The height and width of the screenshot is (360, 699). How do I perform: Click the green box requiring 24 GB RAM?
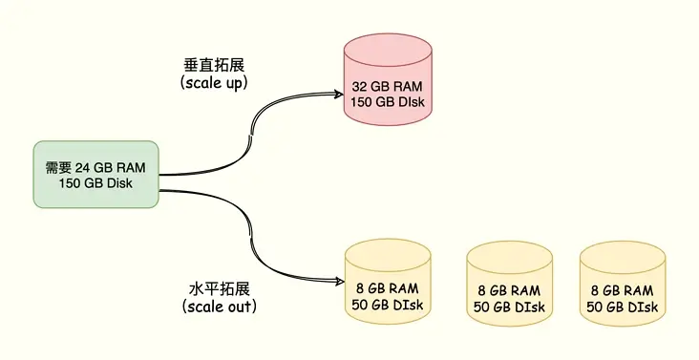95,175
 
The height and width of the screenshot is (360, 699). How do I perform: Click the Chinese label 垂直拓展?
214,65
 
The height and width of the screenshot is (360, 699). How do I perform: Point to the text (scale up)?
214,83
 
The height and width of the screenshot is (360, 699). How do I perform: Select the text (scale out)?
219,307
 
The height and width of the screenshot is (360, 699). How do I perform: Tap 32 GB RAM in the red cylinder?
386,86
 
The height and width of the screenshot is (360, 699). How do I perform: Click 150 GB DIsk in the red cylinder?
386,103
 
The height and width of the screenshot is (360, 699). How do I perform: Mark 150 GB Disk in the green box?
95,183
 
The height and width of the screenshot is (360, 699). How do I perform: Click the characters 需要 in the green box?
58,167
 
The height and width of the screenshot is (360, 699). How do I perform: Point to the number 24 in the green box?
83,167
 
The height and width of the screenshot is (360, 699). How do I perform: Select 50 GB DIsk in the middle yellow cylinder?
509,306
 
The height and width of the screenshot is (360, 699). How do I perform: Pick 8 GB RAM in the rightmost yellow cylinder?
623,289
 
